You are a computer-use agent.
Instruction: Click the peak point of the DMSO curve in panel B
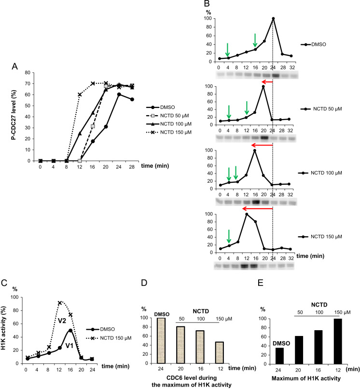[273, 18]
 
